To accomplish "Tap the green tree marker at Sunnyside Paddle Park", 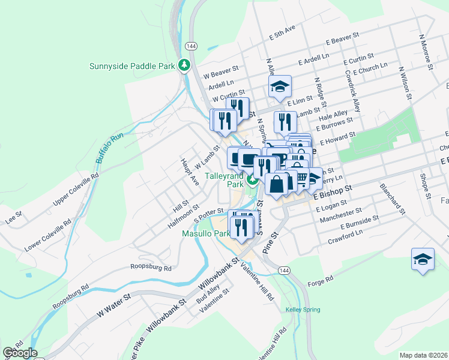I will point(185,65).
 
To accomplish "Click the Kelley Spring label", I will point(303,310).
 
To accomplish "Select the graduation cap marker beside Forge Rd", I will point(423,259).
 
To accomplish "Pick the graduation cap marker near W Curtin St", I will point(280,87).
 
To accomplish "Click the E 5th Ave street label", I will point(283,33).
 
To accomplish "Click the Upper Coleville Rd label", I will point(75,190).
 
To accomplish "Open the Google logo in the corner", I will point(20,353).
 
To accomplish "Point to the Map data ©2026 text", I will point(423,355).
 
